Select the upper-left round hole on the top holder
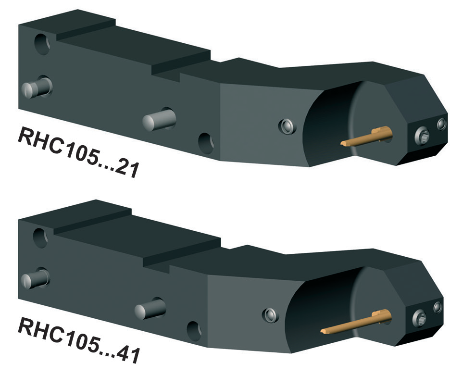click(42, 45)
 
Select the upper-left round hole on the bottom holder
click(41, 237)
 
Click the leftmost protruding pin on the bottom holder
click(35, 279)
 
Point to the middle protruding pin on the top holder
click(159, 119)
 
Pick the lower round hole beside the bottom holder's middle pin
click(194, 331)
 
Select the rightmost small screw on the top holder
click(441, 125)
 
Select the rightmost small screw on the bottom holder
click(438, 307)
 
